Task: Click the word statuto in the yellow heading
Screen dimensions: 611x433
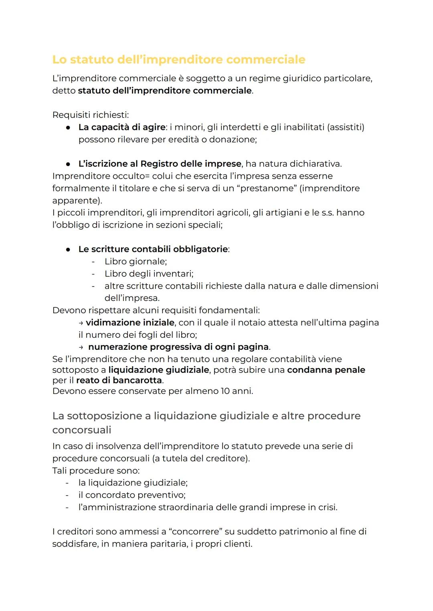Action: point(92,60)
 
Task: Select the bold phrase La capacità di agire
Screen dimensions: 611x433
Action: point(122,127)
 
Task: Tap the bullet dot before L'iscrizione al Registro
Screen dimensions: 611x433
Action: point(69,164)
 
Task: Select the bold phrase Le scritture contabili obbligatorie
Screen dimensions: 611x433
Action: point(153,249)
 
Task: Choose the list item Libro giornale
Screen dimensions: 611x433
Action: point(136,262)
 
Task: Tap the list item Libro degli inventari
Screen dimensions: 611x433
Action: point(149,274)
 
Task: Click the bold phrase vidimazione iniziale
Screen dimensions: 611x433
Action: point(130,323)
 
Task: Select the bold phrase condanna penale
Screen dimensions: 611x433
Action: point(326,370)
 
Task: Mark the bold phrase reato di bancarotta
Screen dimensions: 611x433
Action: point(119,380)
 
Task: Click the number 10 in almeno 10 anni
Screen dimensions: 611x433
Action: point(225,391)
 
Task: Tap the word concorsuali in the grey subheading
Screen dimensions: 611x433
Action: point(82,430)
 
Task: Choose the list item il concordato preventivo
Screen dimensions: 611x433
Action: point(132,495)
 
